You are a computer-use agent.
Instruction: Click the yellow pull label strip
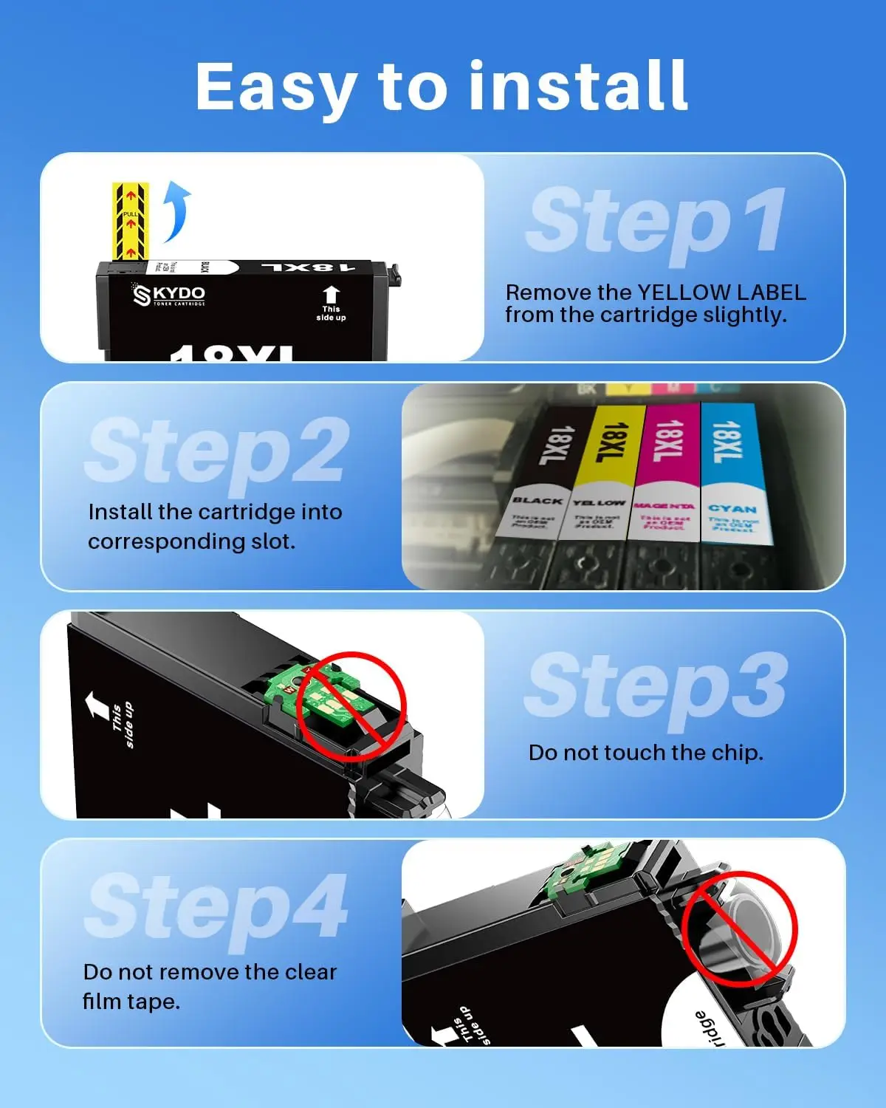tap(130, 221)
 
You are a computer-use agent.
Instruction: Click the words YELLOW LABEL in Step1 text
tap(721, 293)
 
